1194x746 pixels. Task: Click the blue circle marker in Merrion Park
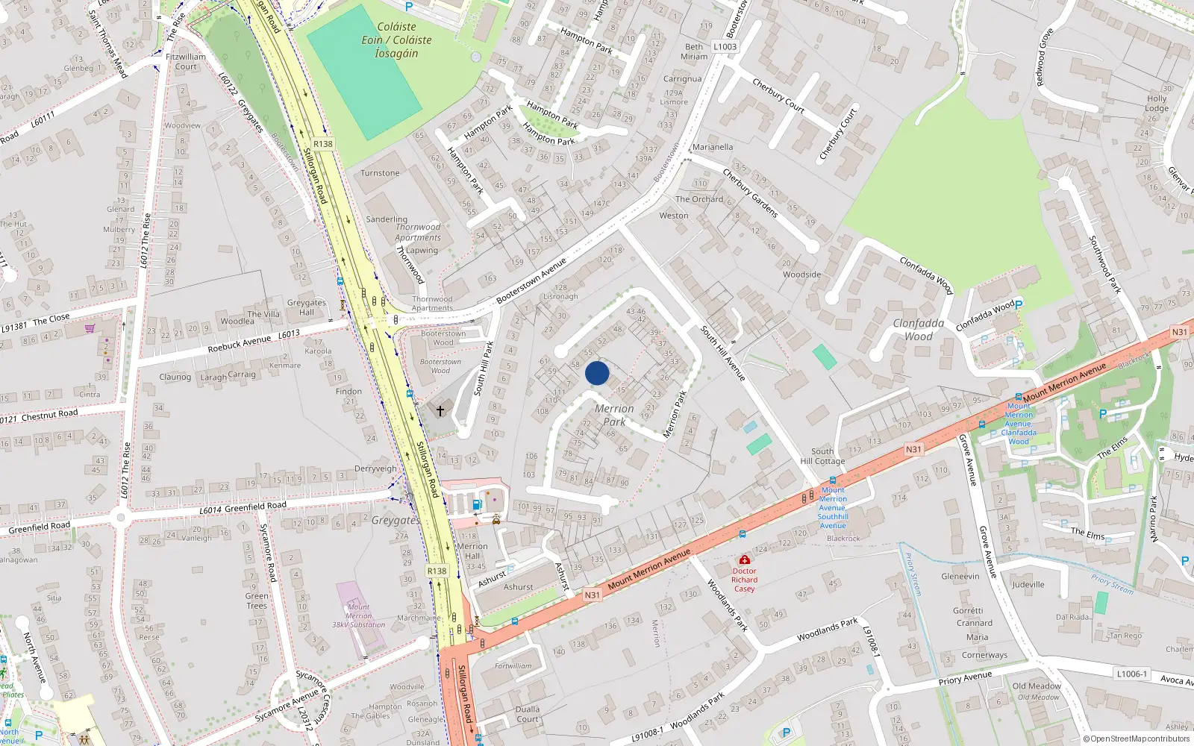click(597, 373)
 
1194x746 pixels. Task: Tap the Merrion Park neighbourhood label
click(614, 415)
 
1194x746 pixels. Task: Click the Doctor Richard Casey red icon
click(744, 559)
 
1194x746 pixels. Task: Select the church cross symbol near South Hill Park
click(440, 411)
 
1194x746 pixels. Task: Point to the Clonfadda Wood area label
click(919, 330)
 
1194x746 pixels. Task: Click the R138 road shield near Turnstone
click(322, 144)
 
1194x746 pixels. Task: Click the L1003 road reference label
click(725, 46)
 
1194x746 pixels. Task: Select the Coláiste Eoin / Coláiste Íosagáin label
click(396, 40)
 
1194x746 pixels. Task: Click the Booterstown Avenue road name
click(531, 280)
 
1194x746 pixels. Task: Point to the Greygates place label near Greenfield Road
click(396, 520)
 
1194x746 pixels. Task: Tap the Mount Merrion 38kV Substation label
click(359, 616)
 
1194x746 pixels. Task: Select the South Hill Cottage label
click(822, 457)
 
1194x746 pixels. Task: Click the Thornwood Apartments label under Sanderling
click(418, 232)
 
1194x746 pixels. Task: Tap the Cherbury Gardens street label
click(750, 192)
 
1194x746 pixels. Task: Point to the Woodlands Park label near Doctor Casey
click(727, 605)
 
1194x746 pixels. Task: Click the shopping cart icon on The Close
click(90, 328)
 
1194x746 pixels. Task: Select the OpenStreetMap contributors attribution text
click(1136, 739)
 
